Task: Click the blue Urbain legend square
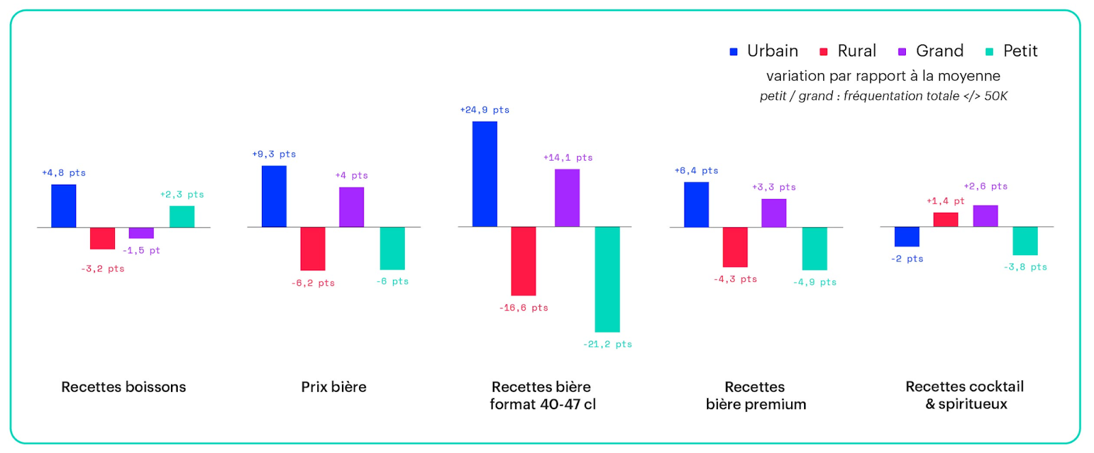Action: pyautogui.click(x=734, y=52)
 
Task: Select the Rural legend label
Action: pyautogui.click(x=856, y=51)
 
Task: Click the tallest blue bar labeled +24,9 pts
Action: pyautogui.click(x=485, y=174)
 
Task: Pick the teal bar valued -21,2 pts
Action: pyautogui.click(x=607, y=279)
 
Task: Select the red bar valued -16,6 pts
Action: pyautogui.click(x=524, y=261)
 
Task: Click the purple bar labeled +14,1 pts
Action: pyautogui.click(x=567, y=198)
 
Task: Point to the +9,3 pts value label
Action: pyautogui.click(x=273, y=155)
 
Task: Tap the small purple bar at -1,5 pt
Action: pyautogui.click(x=142, y=233)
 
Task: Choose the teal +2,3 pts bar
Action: pyautogui.click(x=182, y=216)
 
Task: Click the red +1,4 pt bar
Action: pyautogui.click(x=946, y=220)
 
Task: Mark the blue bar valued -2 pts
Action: pyautogui.click(x=907, y=236)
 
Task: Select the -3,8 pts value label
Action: pyautogui.click(x=1025, y=267)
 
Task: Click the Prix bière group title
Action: pyautogui.click(x=334, y=387)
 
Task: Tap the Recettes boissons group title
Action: pyautogui.click(x=124, y=387)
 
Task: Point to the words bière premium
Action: pyautogui.click(x=756, y=404)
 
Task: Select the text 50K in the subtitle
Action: pyautogui.click(x=996, y=96)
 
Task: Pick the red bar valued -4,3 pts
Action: pyautogui.click(x=735, y=246)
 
